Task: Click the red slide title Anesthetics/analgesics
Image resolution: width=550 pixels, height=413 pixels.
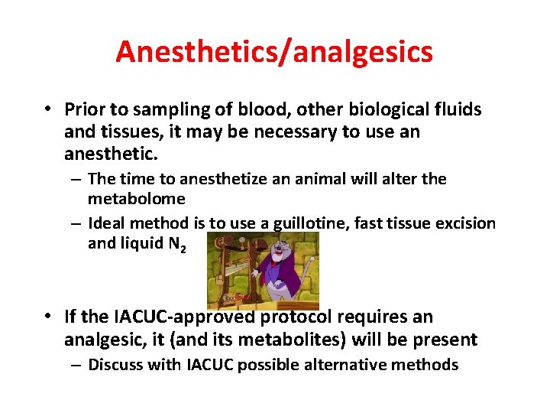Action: coord(274,51)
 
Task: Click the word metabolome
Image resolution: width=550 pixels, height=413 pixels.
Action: coord(137,199)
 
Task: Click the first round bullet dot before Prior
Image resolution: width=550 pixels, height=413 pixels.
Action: coord(47,109)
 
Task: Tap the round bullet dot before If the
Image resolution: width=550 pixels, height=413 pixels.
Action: coord(47,317)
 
